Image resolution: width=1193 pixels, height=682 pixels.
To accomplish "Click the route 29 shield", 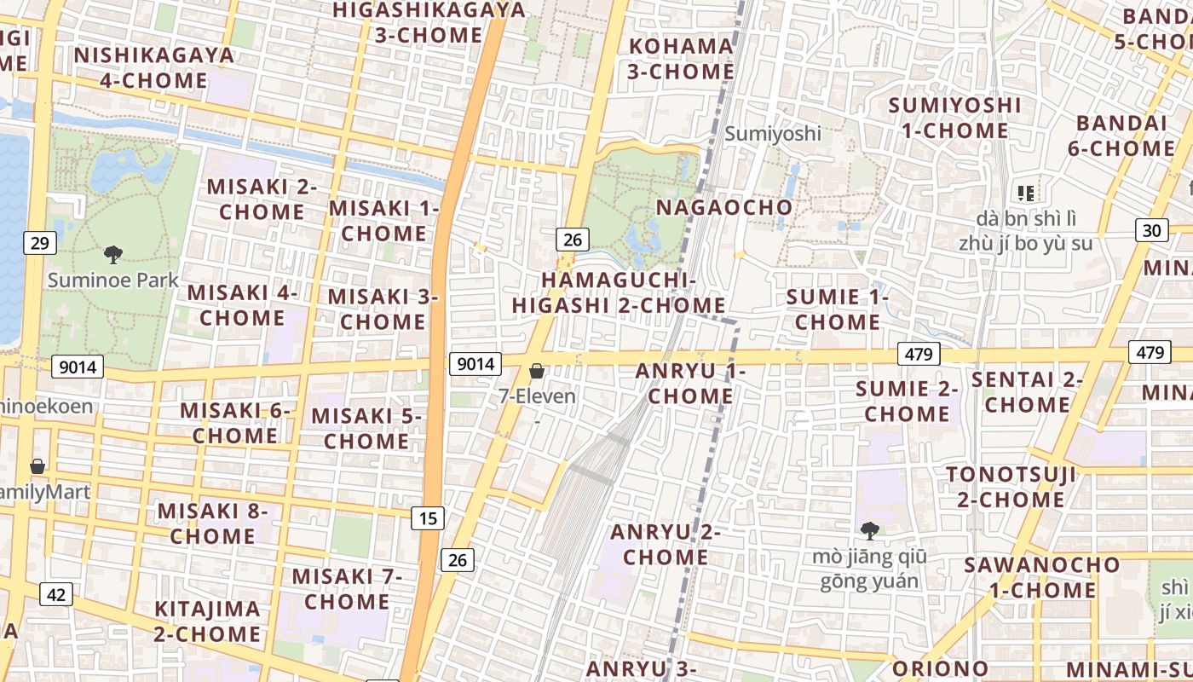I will (x=40, y=244).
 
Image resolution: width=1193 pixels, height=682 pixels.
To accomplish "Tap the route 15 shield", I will (x=428, y=517).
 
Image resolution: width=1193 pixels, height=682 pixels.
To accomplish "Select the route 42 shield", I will (x=56, y=594).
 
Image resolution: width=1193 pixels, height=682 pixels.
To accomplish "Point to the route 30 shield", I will (x=1152, y=230).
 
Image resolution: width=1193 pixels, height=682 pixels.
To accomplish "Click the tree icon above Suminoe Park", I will (x=112, y=254).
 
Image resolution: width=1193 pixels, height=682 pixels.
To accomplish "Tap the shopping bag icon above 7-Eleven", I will (x=537, y=371).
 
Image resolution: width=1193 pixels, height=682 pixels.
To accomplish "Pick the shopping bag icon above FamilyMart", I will (x=37, y=466).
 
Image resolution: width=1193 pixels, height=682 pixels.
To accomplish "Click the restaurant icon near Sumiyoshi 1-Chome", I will (x=1026, y=194).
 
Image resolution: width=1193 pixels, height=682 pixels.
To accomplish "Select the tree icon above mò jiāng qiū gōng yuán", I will (x=869, y=531).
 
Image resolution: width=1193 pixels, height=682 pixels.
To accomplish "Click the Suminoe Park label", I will (x=113, y=280).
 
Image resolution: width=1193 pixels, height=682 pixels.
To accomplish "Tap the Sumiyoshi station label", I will (x=773, y=134).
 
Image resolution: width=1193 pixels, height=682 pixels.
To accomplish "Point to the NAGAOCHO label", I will (x=723, y=207).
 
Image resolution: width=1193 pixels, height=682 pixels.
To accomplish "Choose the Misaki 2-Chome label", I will (x=262, y=199).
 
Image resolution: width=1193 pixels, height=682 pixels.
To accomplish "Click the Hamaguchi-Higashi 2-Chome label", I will (x=620, y=292).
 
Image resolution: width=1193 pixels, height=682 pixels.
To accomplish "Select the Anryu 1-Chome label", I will (x=690, y=384).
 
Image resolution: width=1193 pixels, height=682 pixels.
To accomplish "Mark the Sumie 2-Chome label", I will (x=908, y=402).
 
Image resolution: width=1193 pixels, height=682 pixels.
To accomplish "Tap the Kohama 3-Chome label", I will (x=681, y=58).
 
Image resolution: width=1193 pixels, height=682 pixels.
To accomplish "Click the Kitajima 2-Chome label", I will (x=207, y=621).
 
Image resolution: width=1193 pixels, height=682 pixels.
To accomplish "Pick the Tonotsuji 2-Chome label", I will (x=1011, y=487).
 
